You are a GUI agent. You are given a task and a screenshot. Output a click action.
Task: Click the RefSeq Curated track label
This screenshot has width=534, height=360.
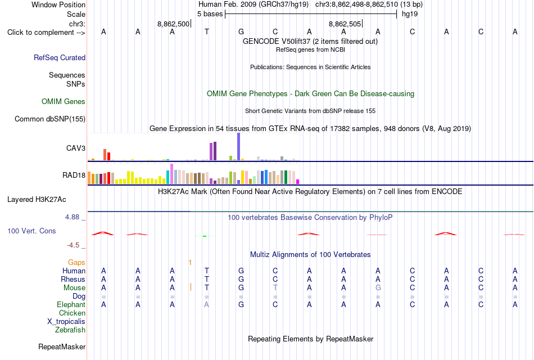(60, 57)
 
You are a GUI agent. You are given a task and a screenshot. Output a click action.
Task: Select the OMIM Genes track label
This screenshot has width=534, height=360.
(64, 102)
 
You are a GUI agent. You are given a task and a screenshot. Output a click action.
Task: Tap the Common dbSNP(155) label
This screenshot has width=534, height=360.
(50, 119)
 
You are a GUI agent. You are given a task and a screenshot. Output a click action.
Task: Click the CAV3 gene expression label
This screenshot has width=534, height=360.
(76, 148)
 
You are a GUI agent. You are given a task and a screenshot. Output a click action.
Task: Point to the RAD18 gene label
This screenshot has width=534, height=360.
(74, 175)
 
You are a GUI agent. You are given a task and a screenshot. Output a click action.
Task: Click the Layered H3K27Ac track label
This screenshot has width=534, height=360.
(37, 200)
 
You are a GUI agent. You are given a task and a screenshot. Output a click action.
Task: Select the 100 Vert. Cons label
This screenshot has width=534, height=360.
(31, 231)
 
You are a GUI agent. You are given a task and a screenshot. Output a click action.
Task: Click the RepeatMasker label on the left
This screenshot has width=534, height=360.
(62, 346)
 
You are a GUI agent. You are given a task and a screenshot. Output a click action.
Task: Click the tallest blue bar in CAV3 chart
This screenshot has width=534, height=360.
(239, 147)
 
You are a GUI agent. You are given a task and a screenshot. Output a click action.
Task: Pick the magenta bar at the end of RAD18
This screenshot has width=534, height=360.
(298, 182)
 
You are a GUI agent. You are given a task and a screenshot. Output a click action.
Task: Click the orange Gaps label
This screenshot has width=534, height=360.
(76, 262)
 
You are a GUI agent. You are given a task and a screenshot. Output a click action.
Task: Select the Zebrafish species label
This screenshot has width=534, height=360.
(70, 330)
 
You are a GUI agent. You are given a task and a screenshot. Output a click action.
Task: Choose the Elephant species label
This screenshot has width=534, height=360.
(71, 304)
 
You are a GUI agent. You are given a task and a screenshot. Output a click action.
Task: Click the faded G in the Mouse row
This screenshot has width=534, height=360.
(378, 288)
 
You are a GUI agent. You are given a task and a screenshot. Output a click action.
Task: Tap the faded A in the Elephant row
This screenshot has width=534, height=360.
(206, 304)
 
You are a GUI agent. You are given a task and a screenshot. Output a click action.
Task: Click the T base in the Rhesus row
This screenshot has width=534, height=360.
(207, 279)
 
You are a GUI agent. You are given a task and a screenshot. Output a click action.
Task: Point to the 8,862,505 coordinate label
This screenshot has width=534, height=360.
(345, 24)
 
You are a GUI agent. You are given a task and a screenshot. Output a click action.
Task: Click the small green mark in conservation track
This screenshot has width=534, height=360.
(205, 236)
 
